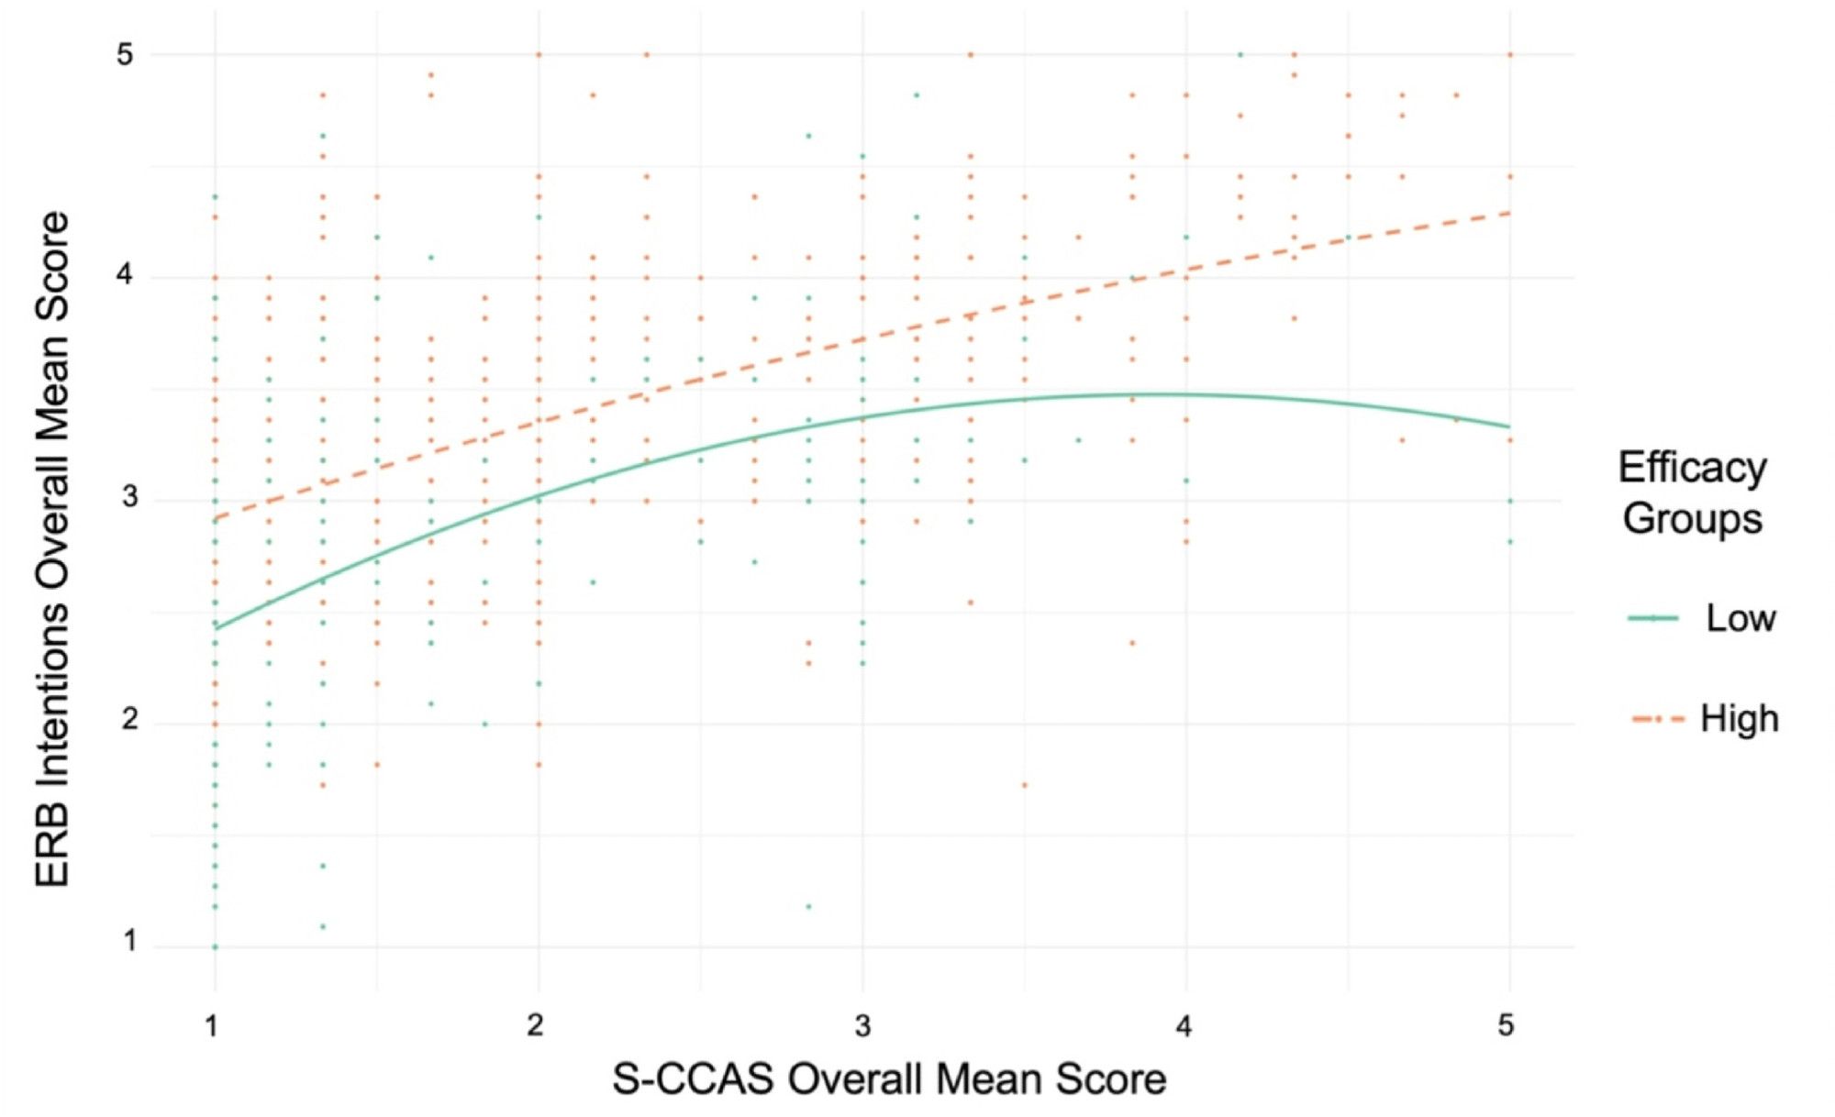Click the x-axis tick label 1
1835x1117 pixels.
click(212, 1025)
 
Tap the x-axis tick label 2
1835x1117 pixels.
click(536, 1025)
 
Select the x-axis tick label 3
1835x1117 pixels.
click(862, 1025)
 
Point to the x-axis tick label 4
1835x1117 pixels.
click(1184, 1025)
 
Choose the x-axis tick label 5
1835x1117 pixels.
click(1507, 1025)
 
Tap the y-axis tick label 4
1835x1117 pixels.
click(127, 274)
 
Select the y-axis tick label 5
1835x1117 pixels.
click(125, 54)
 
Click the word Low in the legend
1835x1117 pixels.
click(1740, 619)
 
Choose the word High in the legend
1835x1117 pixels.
click(1739, 719)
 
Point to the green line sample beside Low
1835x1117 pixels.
click(1653, 619)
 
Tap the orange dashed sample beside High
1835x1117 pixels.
click(1657, 720)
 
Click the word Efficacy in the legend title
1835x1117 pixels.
click(1692, 469)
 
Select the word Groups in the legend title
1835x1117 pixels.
click(1692, 518)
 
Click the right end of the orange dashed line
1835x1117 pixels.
click(1509, 213)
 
